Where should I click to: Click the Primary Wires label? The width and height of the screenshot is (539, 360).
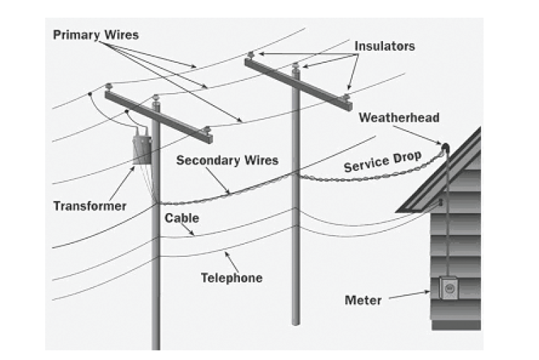(x=95, y=35)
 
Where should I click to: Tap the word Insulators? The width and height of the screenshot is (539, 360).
(x=384, y=46)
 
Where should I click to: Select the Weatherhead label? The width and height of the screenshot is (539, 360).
(x=398, y=117)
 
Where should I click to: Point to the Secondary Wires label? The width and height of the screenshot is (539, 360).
(x=227, y=160)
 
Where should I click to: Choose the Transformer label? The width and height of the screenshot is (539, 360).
(x=90, y=206)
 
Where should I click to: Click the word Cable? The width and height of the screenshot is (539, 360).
(x=181, y=218)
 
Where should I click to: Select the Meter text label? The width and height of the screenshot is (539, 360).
(x=363, y=300)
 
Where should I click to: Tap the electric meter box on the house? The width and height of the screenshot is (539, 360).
(x=449, y=289)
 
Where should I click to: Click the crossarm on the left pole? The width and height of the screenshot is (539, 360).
(x=159, y=113)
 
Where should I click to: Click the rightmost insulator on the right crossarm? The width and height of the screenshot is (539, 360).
(x=346, y=94)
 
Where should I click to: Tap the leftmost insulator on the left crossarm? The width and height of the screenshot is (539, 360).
(x=109, y=87)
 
